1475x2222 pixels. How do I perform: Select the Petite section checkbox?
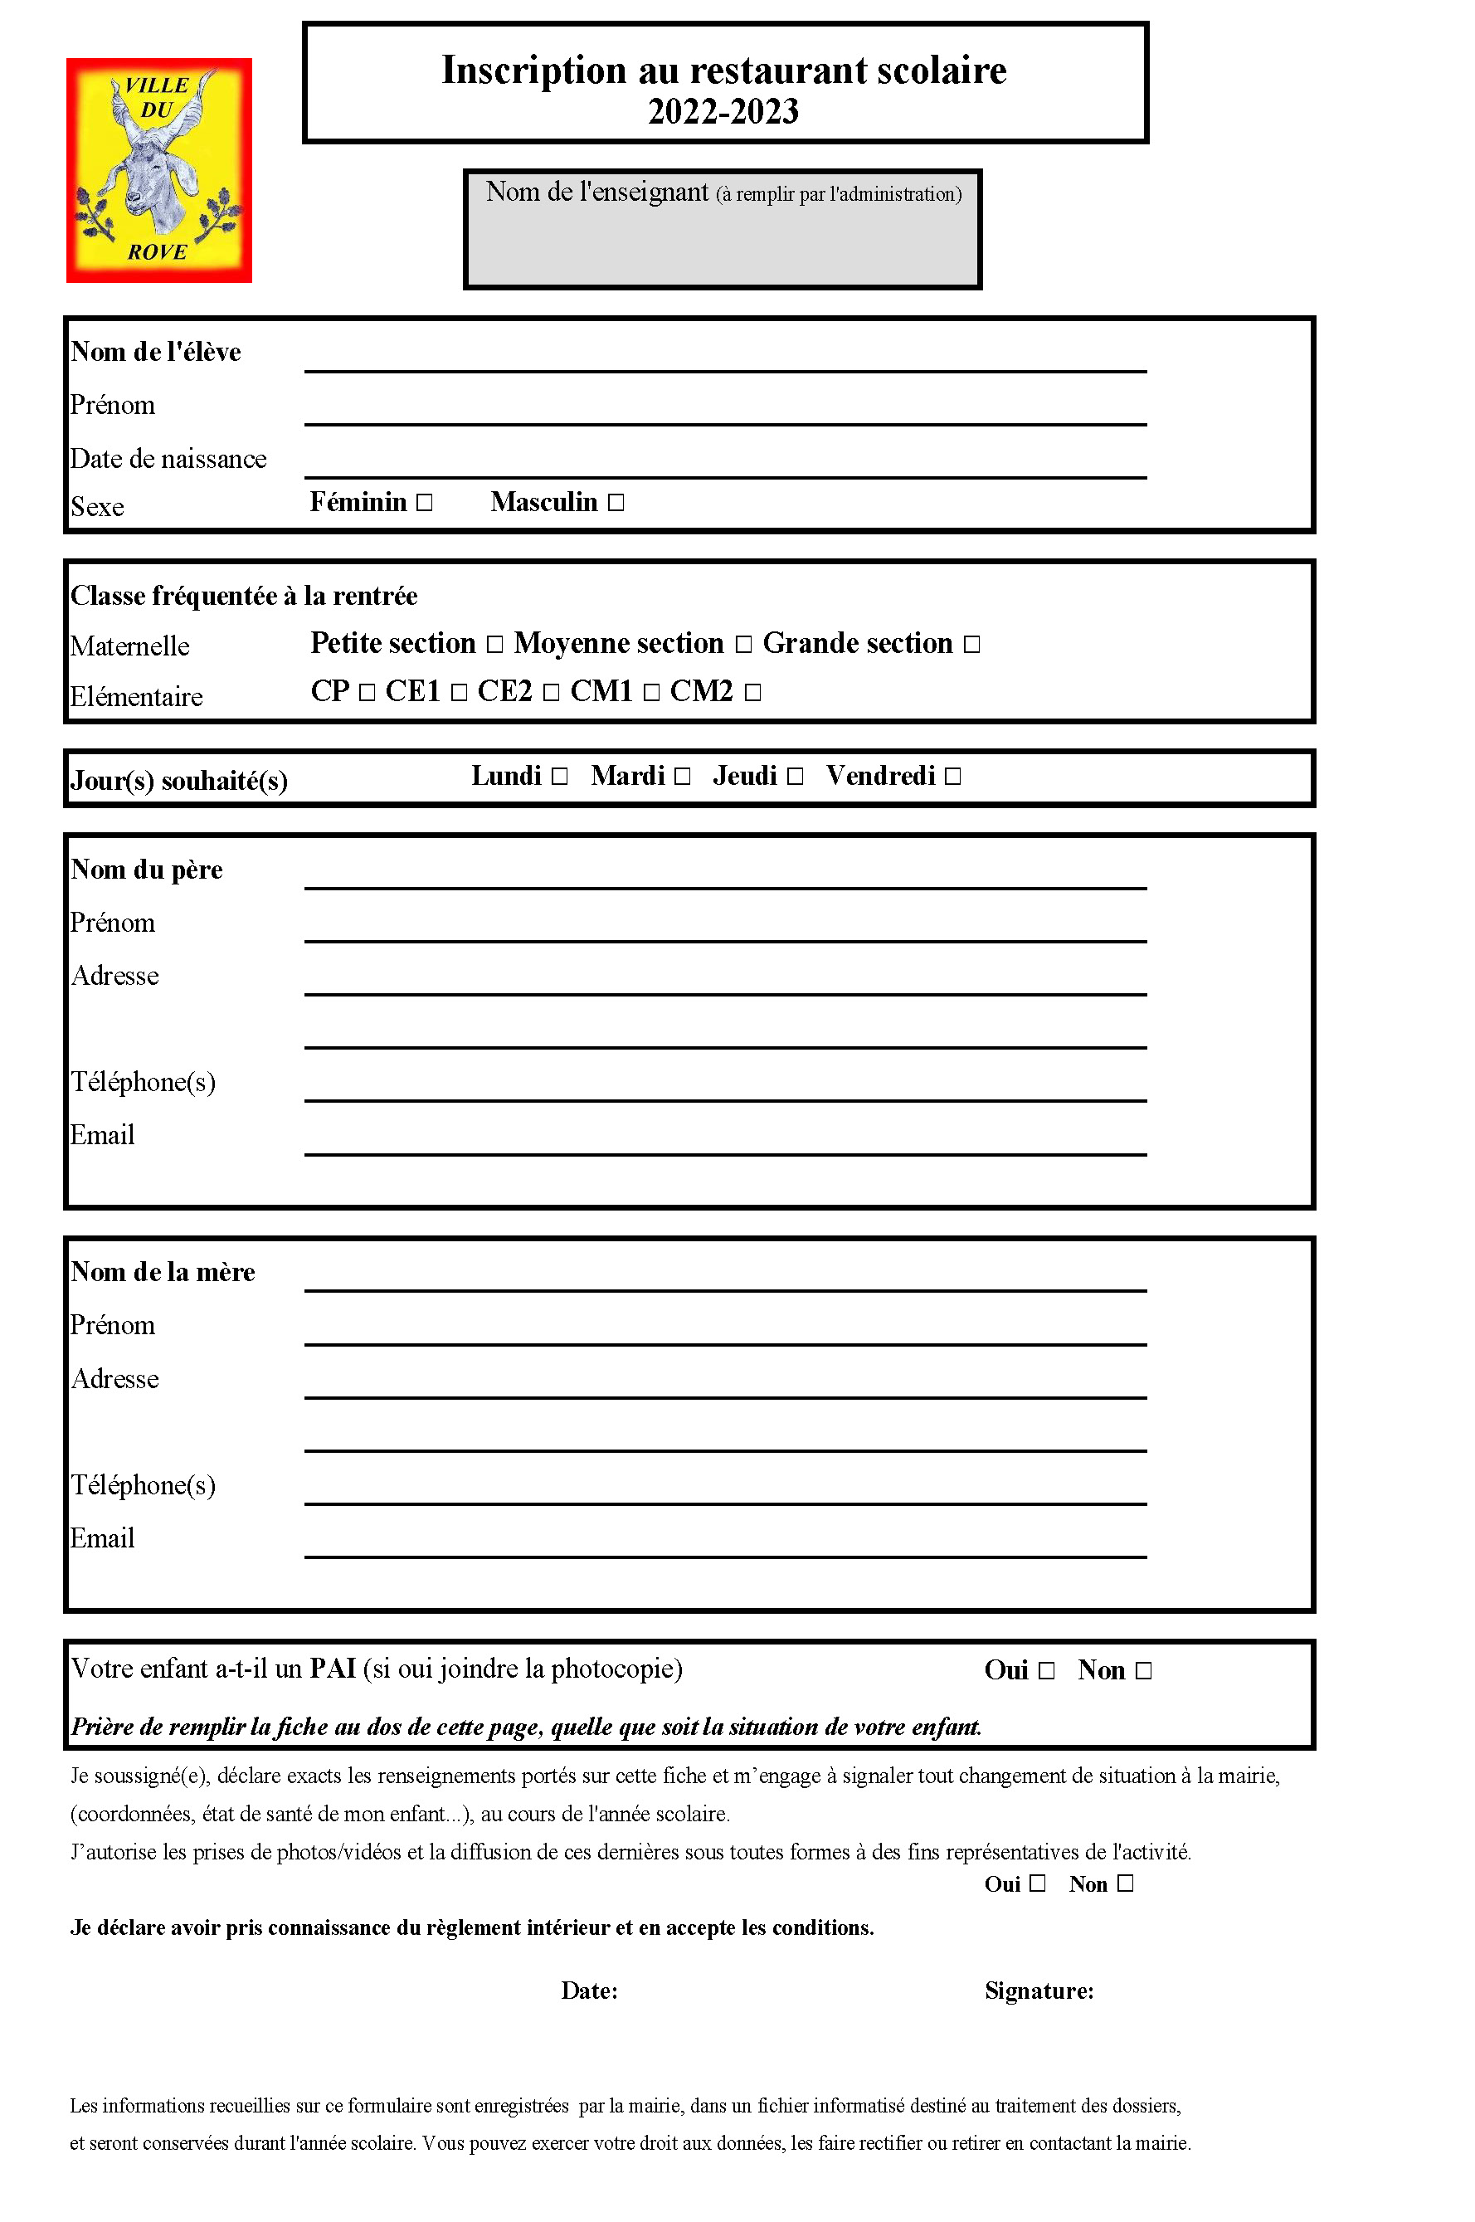tap(494, 645)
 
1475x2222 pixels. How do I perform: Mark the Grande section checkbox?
tap(971, 645)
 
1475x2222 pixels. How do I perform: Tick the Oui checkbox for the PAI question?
tap(1046, 1672)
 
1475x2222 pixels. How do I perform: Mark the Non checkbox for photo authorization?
tap(1125, 1884)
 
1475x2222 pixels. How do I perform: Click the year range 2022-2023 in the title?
tap(723, 112)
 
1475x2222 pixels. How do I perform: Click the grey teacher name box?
tap(723, 245)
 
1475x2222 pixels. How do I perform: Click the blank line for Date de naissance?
tap(724, 465)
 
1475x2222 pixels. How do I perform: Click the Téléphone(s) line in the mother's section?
tap(724, 1491)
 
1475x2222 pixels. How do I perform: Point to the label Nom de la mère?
tap(163, 1273)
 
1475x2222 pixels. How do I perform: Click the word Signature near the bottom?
tap(1039, 1991)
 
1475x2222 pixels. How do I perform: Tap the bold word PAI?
tap(333, 1669)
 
